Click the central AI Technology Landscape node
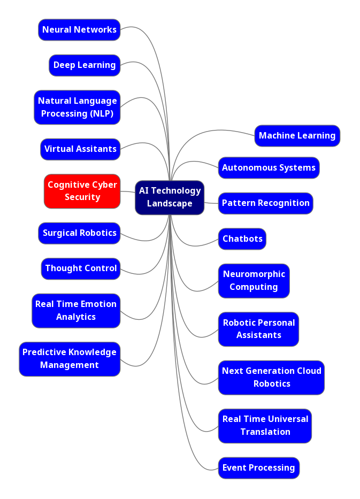[170, 197]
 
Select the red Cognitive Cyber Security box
[82, 191]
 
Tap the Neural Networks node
[79, 30]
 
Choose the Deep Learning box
[85, 65]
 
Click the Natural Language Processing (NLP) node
[77, 107]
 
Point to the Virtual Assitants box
[80, 149]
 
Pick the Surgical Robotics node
[79, 233]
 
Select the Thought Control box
[81, 268]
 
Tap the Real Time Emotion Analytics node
[76, 311]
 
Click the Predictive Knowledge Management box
[70, 359]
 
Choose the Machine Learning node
[297, 136]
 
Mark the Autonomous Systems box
[269, 168]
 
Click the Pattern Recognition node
[265, 203]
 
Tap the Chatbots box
[242, 239]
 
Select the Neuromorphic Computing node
[254, 281]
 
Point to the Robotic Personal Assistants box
[258, 329]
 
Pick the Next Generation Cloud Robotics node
[271, 378]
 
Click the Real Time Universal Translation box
[265, 426]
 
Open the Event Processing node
[258, 468]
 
